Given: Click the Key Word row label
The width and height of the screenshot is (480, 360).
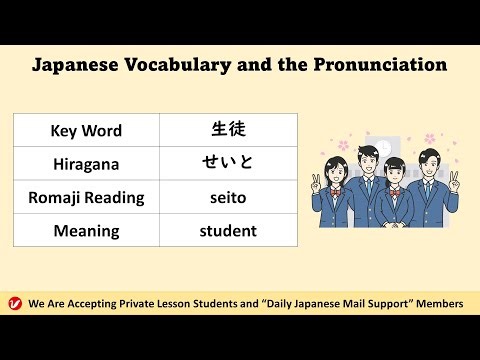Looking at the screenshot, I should click(86, 131).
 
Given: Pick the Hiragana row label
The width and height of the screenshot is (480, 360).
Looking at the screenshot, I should click(86, 164).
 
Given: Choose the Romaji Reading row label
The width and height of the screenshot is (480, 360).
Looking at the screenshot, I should click(86, 197).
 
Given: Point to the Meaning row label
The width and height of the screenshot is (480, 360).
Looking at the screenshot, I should click(86, 230).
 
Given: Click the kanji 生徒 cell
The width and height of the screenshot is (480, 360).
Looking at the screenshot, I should click(228, 130).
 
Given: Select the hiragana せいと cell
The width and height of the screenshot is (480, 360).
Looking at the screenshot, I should click(228, 164).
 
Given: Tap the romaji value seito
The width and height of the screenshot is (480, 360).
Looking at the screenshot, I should click(228, 197).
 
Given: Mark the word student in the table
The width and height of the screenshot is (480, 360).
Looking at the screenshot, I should click(228, 230).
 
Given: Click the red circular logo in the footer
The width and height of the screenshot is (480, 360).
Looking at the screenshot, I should click(14, 303).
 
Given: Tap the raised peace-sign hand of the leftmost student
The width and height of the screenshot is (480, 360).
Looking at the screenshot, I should click(317, 183).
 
